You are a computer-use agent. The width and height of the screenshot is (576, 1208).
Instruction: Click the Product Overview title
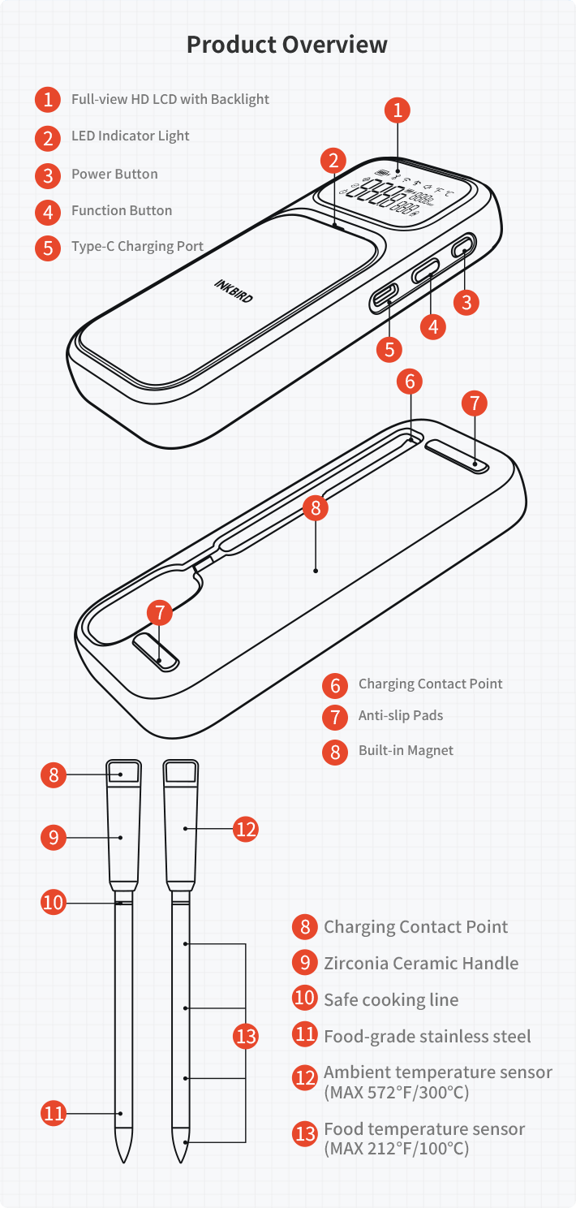[287, 44]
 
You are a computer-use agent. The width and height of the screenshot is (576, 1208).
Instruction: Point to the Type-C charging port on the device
[384, 297]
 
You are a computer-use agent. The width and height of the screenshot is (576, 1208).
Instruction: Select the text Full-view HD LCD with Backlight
[170, 99]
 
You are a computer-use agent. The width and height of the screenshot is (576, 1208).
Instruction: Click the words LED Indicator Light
[130, 136]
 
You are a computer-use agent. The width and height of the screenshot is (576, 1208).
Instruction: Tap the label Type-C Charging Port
[137, 246]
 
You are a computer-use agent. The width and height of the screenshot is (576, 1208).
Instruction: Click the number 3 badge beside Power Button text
[49, 175]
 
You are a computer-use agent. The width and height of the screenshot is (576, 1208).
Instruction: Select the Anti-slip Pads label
[401, 715]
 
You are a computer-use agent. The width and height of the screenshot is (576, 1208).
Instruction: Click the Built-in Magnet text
[406, 750]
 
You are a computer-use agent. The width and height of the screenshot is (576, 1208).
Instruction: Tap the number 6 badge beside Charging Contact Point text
[335, 684]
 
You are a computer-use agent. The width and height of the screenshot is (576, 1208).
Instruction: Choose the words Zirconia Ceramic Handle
[421, 963]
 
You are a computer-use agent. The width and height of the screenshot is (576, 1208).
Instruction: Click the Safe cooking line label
[391, 999]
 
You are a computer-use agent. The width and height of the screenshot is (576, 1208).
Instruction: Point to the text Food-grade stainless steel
[428, 1036]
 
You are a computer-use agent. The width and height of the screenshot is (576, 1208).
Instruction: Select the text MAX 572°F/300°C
[397, 1092]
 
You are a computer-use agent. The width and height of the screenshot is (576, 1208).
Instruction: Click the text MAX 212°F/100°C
[397, 1148]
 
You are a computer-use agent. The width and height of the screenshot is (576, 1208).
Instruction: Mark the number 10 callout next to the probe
[54, 902]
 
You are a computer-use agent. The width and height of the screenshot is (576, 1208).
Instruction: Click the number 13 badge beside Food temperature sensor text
[305, 1134]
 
